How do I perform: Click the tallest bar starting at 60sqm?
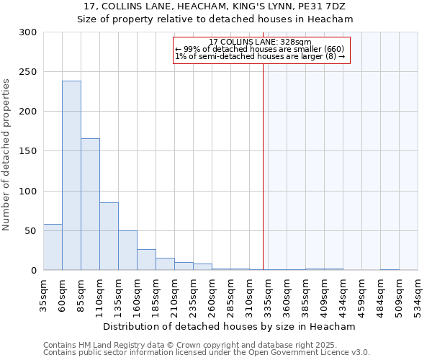[x=71, y=176]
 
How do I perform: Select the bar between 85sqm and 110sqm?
[x=90, y=204]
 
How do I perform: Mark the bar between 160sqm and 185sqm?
[x=146, y=260]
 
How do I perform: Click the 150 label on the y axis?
[x=28, y=151]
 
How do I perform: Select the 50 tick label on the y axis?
[x=31, y=231]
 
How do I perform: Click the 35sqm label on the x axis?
[x=44, y=294]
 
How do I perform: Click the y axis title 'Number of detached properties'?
[x=6, y=155]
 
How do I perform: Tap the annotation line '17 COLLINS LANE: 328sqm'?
[x=260, y=42]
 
